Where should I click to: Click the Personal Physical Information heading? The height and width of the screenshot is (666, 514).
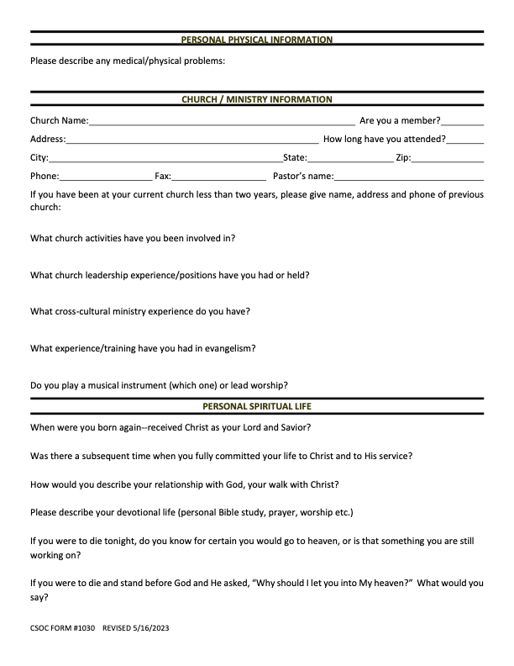(x=257, y=40)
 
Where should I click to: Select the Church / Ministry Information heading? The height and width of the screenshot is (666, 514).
(x=257, y=99)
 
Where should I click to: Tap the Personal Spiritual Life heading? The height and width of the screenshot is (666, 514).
(x=257, y=406)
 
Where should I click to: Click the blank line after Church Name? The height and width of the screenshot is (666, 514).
(x=222, y=123)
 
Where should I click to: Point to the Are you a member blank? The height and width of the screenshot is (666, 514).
(x=462, y=123)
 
